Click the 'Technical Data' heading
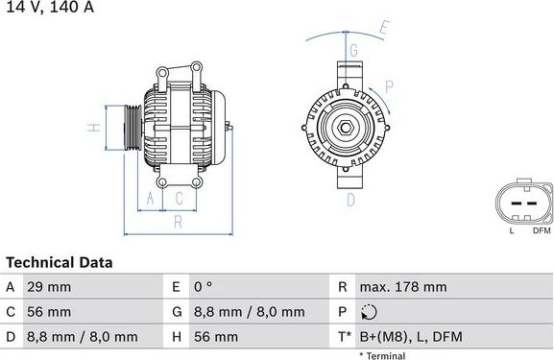pyautogui.click(x=60, y=262)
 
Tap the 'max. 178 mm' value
pyautogui.click(x=403, y=287)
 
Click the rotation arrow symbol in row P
pyautogui.click(x=371, y=312)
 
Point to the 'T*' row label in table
pyautogui.click(x=344, y=337)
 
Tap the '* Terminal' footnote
pyautogui.click(x=382, y=355)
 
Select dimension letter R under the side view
pyautogui.click(x=178, y=223)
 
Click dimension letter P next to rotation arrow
pyautogui.click(x=390, y=87)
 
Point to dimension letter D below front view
pyautogui.click(x=350, y=200)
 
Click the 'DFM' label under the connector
pyautogui.click(x=542, y=230)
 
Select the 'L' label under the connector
pyautogui.click(x=512, y=230)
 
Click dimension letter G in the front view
pyautogui.click(x=353, y=50)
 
